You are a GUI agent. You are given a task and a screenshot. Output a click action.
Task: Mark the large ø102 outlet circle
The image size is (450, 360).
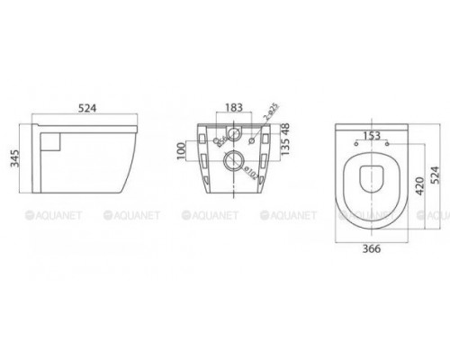click(x=232, y=164)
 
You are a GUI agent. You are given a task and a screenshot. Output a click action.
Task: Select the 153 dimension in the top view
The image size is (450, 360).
click(x=370, y=135)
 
